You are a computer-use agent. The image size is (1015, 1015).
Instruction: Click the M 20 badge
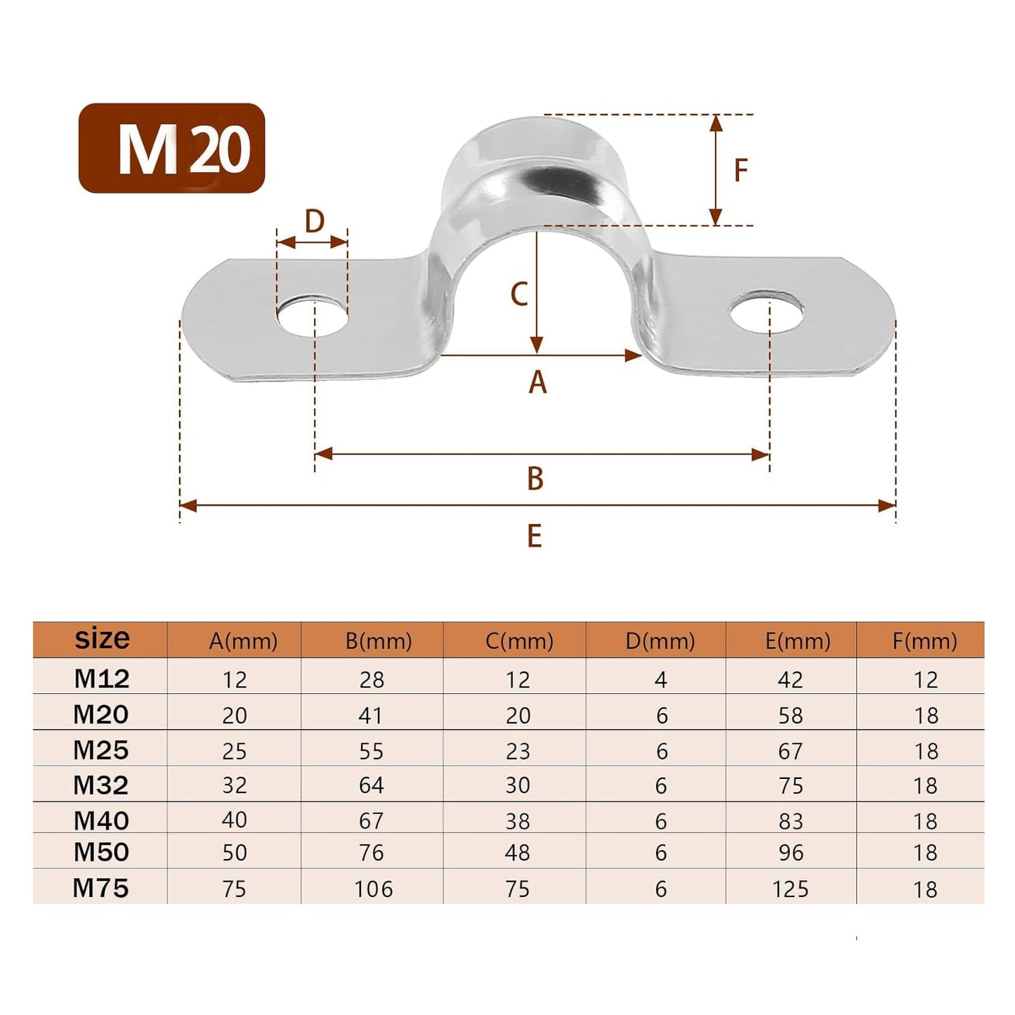pos(171,148)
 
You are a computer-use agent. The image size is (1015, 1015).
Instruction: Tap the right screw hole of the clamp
pos(766,312)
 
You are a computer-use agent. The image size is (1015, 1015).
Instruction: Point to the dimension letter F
pos(740,171)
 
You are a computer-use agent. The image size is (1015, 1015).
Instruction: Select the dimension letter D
pos(314,221)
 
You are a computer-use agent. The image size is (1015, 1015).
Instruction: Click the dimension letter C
pos(519,294)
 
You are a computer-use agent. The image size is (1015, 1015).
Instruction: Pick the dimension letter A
pos(537,383)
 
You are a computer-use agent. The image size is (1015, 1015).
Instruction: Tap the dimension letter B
pos(535,479)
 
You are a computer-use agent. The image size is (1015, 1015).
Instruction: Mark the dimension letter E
pos(535,537)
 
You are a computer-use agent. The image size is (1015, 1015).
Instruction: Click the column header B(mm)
pos(378,641)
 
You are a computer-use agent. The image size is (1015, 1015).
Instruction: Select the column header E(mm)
pos(797,641)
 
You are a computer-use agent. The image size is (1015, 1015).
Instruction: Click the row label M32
pos(101,785)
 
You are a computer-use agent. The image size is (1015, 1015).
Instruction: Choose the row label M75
pos(101,888)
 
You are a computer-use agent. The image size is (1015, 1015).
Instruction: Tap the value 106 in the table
pos(373,889)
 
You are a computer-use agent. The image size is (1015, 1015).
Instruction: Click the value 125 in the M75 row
pos(790,889)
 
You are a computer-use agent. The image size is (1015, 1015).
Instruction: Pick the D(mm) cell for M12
pos(660,679)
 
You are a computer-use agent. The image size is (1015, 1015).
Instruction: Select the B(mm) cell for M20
pos(371,715)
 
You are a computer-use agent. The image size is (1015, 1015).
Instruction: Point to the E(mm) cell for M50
pos(791,853)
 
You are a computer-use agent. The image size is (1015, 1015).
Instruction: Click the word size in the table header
pos(102,639)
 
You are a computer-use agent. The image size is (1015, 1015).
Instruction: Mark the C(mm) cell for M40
pos(518,820)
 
